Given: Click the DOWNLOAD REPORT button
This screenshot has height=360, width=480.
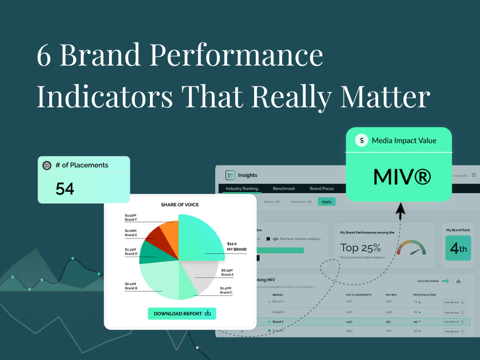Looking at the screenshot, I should coord(182,314).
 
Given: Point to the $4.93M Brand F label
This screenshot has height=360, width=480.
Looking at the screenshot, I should coord(131,217).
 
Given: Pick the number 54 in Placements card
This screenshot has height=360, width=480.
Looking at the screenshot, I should coord(65,188).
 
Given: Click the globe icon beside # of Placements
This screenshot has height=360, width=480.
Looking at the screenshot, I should coord(47,165).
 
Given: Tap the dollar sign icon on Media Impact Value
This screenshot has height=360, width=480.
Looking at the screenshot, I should coord(361,140).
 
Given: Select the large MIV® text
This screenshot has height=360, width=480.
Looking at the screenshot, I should coord(401,177).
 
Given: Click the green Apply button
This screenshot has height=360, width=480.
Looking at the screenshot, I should coord(326,202).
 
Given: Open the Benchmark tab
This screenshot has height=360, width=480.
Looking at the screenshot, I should coord(284,188).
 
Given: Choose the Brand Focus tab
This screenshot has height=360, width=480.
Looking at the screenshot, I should coord(322,188).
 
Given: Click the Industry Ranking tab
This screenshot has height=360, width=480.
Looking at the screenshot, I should coord(242,188).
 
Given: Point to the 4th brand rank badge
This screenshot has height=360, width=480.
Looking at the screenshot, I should coord(458,249).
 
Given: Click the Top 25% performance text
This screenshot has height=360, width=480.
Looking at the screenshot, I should coord(360,248).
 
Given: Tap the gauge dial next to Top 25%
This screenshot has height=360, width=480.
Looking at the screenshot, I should coord(411,248).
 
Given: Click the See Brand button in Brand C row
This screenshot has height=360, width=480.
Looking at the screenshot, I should coord(454,322).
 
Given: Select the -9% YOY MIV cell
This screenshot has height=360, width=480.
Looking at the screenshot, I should coord(388,322).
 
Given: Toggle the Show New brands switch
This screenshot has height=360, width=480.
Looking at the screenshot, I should coord(445,281).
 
